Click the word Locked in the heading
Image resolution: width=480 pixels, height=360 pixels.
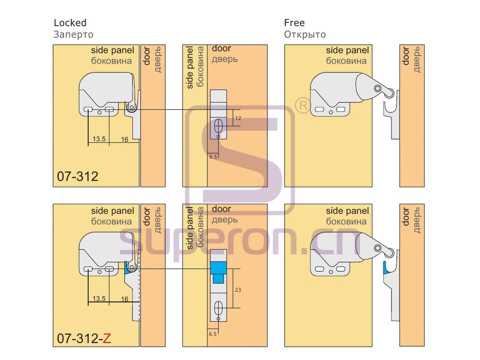pyautogui.click(x=70, y=22)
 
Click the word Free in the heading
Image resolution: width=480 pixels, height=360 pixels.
pyautogui.click(x=294, y=22)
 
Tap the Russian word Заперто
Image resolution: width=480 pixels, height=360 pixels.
pyautogui.click(x=74, y=35)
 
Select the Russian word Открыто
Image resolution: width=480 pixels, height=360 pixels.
pyautogui.click(x=305, y=35)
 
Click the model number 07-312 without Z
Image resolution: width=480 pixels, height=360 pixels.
pyautogui.click(x=78, y=177)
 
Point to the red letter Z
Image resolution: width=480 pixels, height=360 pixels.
pyautogui.click(x=107, y=338)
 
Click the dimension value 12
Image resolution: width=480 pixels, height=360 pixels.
pyautogui.click(x=238, y=118)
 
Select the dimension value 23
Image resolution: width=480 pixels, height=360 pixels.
pyautogui.click(x=238, y=290)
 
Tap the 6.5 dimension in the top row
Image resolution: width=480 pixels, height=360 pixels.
pyautogui.click(x=213, y=157)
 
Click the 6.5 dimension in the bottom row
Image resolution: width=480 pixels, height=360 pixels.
pyautogui.click(x=213, y=334)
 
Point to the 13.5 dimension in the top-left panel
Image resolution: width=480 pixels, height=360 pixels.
pyautogui.click(x=99, y=139)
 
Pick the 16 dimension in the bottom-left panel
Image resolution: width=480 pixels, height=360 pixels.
pyautogui.click(x=125, y=299)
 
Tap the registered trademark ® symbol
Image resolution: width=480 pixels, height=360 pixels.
pyautogui.click(x=302, y=105)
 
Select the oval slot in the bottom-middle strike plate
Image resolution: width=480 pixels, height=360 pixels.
pyautogui.click(x=218, y=308)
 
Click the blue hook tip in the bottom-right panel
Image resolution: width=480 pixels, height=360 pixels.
pyautogui.click(x=386, y=268)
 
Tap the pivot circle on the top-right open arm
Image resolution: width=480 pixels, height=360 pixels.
pyautogui.click(x=378, y=89)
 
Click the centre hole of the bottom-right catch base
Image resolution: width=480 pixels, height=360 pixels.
pyautogui.click(x=331, y=272)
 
